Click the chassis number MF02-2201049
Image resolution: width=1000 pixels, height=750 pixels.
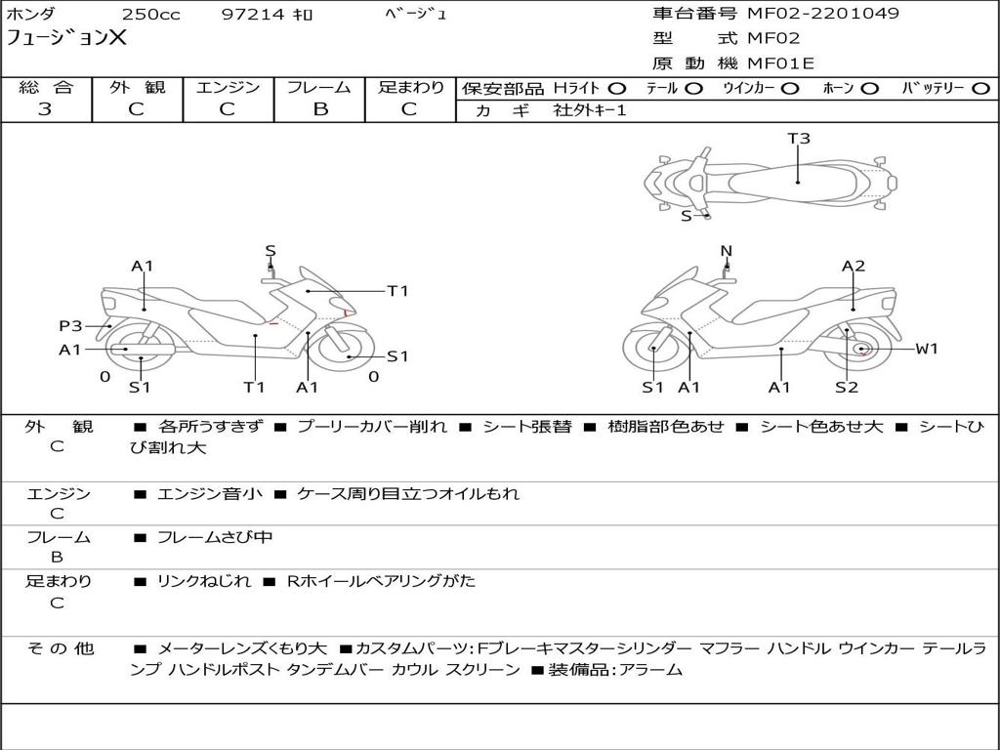(822, 13)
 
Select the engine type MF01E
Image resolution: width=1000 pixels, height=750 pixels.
(780, 63)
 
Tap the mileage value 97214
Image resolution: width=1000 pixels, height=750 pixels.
(252, 14)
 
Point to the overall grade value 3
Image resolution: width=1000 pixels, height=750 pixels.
(45, 109)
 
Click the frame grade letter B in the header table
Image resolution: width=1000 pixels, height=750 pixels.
(320, 109)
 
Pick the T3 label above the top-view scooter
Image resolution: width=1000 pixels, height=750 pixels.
(799, 138)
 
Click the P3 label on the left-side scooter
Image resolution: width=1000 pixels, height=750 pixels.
(70, 326)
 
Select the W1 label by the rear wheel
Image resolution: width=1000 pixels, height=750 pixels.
(927, 349)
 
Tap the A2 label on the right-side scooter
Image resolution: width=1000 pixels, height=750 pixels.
(854, 266)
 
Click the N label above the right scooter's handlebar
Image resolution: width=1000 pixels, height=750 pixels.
(727, 251)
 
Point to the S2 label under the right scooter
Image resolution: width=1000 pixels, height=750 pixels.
(847, 387)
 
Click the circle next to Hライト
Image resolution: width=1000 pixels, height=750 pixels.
(617, 88)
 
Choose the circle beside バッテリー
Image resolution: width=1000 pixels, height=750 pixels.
(980, 88)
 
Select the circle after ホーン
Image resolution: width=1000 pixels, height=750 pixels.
(870, 88)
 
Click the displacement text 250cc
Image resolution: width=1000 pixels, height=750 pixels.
(150, 14)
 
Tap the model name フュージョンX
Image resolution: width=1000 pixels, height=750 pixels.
(66, 37)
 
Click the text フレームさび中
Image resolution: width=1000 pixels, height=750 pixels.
(214, 538)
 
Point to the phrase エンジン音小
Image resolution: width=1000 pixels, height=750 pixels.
(209, 493)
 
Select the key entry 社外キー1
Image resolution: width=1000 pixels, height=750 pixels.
(590, 110)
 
